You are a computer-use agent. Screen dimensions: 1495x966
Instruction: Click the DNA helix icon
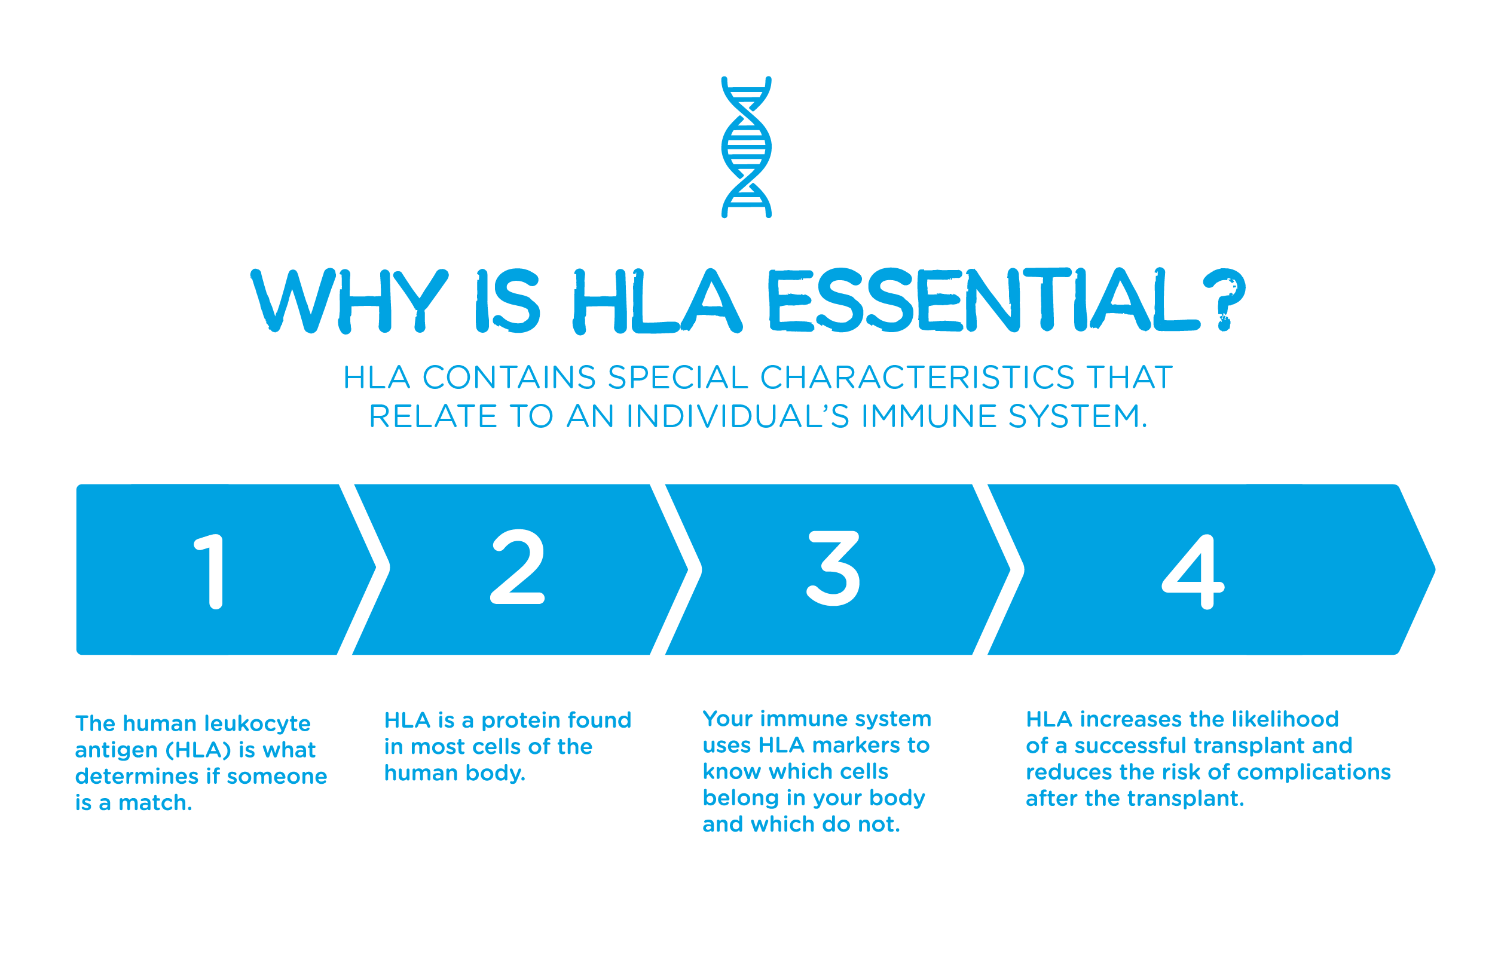[746, 148]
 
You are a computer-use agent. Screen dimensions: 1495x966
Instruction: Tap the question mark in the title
[1224, 300]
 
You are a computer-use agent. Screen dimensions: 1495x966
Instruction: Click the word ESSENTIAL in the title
[984, 300]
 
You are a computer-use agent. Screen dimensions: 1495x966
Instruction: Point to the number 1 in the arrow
[211, 572]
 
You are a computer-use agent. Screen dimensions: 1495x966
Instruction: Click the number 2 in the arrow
[517, 566]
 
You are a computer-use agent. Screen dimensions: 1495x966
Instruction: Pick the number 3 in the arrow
[833, 568]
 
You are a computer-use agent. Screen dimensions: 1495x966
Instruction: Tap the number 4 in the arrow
[1193, 572]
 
